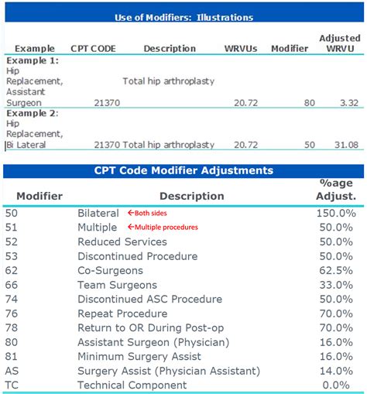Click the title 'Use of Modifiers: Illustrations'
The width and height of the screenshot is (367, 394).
click(x=183, y=17)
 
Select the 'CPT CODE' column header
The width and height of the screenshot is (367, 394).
click(x=93, y=49)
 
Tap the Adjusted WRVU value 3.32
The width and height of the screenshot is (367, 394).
click(x=349, y=103)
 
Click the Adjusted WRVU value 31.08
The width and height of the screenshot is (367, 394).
click(x=346, y=145)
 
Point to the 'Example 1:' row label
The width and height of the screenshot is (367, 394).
click(x=33, y=60)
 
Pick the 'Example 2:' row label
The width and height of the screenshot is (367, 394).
click(x=33, y=113)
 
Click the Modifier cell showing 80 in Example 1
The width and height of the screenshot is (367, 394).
click(x=309, y=103)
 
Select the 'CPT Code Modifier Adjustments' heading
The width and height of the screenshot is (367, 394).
click(x=183, y=170)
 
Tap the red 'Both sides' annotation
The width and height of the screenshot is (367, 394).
click(x=147, y=213)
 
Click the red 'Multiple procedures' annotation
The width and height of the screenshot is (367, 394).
click(x=163, y=227)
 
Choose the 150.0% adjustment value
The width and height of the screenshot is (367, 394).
click(x=336, y=213)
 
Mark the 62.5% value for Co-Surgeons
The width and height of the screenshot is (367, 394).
click(x=336, y=270)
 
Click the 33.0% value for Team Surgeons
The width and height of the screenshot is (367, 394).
click(x=336, y=285)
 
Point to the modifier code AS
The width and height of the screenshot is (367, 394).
click(x=12, y=371)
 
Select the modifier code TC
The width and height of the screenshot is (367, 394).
click(x=12, y=385)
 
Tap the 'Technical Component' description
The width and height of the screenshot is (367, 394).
click(x=132, y=385)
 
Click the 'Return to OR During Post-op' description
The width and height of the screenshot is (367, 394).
click(x=151, y=328)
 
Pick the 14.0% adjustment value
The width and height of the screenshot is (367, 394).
click(x=336, y=371)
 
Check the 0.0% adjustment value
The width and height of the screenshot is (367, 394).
click(x=336, y=385)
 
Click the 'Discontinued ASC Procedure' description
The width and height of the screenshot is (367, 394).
click(x=150, y=299)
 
